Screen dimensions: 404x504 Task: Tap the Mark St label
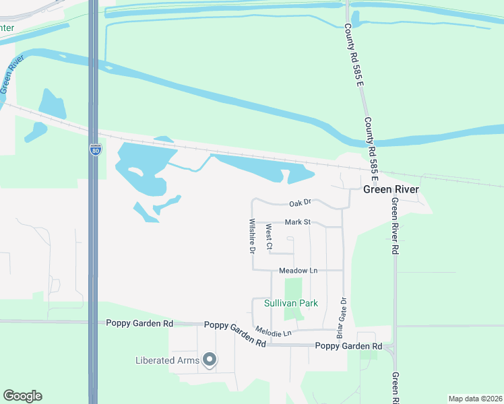click(297, 222)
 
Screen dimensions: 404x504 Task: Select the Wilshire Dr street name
click(251, 236)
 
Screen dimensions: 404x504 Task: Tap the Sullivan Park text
click(290, 304)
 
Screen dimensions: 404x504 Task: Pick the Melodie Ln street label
click(274, 331)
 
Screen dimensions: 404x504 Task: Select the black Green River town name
click(391, 190)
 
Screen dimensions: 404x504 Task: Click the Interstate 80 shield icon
click(96, 149)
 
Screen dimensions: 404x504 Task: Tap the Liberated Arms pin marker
click(209, 360)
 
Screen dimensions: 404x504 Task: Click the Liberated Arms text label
click(167, 360)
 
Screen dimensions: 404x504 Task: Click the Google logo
click(22, 396)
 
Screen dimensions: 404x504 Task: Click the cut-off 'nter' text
click(7, 28)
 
